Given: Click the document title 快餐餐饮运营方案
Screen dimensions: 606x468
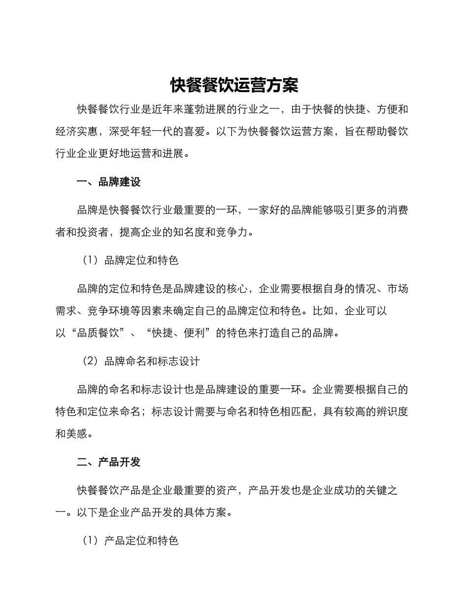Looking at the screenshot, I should point(234,85).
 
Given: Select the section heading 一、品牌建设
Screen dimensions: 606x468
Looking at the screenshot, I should point(109,182).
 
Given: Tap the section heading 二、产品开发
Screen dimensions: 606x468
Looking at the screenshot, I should point(109,462).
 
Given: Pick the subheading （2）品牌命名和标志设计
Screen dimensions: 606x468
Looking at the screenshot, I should point(141,361).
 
